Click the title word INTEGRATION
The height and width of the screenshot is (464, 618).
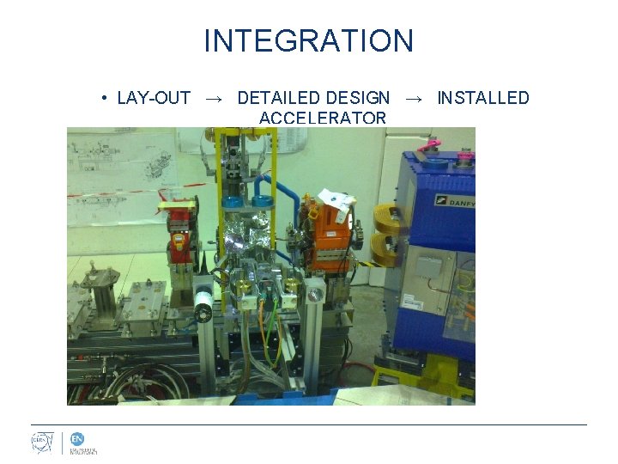[x=308, y=40]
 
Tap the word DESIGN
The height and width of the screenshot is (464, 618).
[x=357, y=98]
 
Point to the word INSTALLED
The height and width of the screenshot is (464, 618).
[x=483, y=98]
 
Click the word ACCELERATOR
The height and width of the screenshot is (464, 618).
[x=322, y=118]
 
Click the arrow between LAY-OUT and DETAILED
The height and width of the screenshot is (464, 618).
[x=214, y=99]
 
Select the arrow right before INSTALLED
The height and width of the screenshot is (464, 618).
[x=413, y=99]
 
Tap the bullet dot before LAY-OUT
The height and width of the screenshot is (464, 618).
[x=103, y=98]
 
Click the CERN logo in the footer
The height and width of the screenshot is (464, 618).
[x=42, y=443]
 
